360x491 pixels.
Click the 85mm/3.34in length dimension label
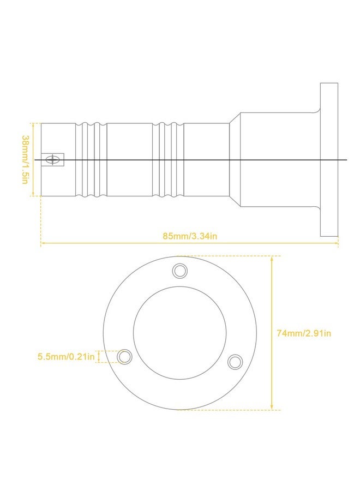[189, 236]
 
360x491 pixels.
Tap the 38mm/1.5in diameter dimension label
[25, 159]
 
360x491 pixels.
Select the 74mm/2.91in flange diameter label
[303, 333]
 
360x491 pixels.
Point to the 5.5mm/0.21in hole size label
[66, 356]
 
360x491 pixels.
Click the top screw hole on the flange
[180, 271]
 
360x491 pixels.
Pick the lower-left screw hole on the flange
[124, 357]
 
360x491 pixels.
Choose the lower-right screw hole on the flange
[235, 362]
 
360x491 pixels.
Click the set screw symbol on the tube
[52, 160]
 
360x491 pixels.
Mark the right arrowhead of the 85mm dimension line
[337, 243]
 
